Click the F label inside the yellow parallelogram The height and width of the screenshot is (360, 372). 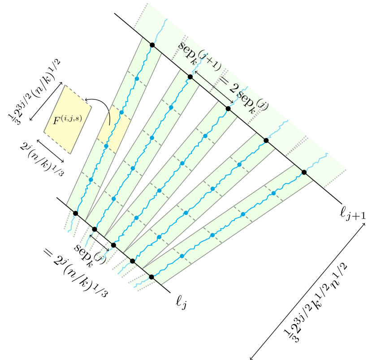[67, 120]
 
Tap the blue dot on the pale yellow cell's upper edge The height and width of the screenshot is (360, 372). [121, 112]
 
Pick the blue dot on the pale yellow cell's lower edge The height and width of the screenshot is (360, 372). [106, 146]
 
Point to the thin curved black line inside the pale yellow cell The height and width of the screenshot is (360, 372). [108, 118]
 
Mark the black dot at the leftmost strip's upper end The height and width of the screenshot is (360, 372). [152, 45]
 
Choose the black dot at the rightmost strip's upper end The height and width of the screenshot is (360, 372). [304, 172]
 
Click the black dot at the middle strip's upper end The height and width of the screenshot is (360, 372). [228, 109]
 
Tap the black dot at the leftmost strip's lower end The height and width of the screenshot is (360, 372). [75, 213]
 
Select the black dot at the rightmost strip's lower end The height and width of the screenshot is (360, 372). [151, 277]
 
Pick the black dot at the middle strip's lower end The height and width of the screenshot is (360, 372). [113, 245]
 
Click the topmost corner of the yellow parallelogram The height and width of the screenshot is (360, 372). [65, 85]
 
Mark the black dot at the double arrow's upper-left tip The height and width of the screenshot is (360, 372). [190, 77]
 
